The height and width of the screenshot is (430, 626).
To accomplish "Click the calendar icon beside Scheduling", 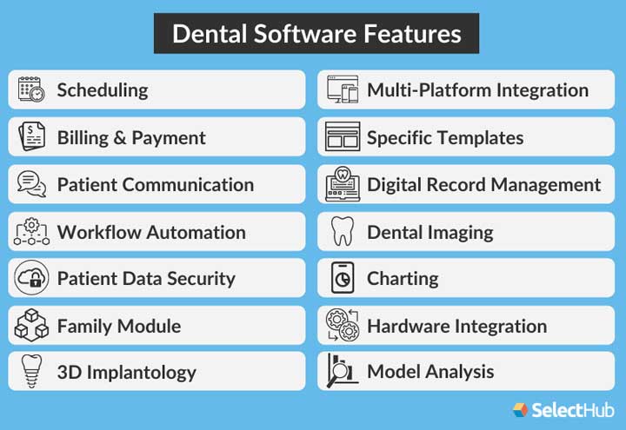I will point(31,89).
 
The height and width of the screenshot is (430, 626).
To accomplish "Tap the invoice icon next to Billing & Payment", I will point(31,137).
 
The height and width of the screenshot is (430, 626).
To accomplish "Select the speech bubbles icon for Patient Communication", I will point(31,184).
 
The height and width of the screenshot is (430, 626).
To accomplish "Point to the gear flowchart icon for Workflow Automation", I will point(31,232).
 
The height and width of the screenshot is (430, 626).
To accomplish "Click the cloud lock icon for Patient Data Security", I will point(31,279).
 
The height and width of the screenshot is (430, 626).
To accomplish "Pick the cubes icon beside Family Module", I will point(31,327).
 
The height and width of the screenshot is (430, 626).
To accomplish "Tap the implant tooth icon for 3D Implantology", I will point(31,373).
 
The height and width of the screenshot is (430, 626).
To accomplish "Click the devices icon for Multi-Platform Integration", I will point(342,89).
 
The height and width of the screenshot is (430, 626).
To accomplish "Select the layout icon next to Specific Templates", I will point(342,137).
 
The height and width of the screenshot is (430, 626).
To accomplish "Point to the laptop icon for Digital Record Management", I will point(342,184).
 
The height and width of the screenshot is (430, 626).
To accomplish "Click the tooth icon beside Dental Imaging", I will point(342,232).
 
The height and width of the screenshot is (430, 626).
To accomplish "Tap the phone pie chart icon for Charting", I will point(342,279).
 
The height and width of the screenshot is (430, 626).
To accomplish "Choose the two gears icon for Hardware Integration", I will point(342,327).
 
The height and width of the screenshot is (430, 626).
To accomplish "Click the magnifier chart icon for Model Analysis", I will point(342,372).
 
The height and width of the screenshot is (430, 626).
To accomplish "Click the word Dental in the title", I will point(206,34).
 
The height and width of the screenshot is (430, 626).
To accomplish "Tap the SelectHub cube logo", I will point(520,409).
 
